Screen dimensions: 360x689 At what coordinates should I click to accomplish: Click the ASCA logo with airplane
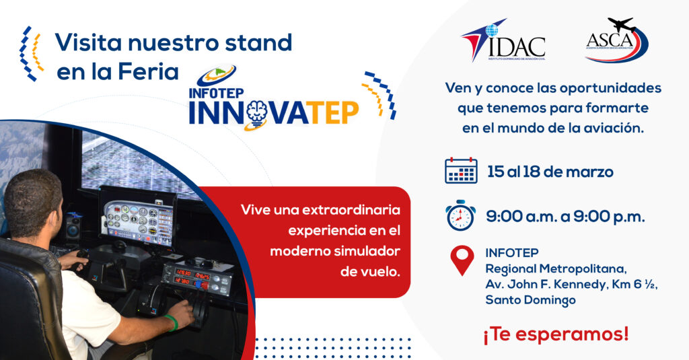pos(616,42)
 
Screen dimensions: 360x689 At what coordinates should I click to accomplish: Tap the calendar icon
pos(461,171)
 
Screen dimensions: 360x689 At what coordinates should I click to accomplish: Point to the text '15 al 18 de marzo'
pos(550,172)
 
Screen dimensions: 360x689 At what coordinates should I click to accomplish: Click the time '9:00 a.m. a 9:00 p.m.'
pos(565,217)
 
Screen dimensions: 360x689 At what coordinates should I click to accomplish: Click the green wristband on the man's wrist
pos(172,323)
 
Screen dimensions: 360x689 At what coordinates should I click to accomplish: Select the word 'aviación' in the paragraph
pos(614,128)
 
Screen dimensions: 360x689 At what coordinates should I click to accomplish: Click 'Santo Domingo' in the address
pos(530,300)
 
